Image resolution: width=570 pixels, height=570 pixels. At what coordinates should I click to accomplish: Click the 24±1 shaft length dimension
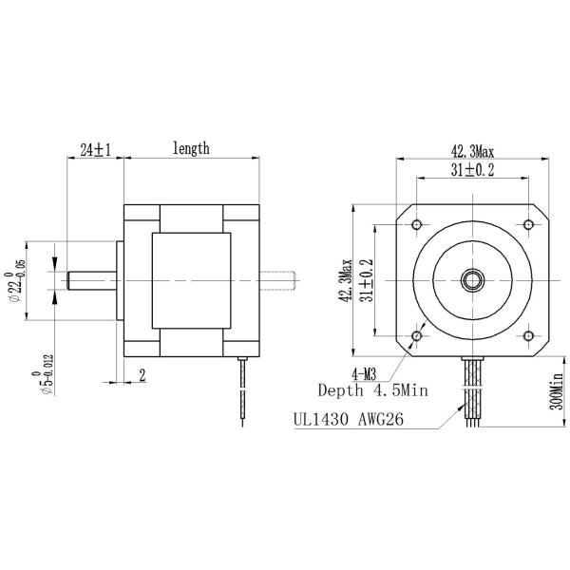pos(95,150)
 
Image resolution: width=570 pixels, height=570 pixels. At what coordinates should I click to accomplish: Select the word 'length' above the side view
pos(191,148)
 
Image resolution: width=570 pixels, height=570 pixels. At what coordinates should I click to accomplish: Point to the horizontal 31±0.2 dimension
pos(473,170)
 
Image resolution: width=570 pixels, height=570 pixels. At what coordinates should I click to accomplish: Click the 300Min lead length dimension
pos(558,390)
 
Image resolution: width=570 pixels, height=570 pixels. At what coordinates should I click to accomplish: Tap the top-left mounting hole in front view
pos(417,224)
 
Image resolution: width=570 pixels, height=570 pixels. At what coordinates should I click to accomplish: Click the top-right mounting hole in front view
pos(528,224)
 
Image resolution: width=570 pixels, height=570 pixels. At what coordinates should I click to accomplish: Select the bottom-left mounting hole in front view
pos(417,335)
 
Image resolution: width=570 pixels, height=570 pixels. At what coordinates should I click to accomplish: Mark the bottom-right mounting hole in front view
pos(528,335)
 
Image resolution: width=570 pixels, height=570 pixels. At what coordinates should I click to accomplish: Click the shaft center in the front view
pos(473,279)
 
